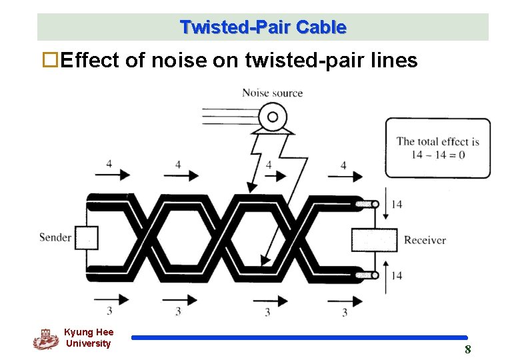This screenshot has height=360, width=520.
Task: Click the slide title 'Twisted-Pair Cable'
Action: (263, 27)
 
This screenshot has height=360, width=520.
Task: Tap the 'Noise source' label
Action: (272, 93)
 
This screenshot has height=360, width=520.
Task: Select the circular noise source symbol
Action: (271, 118)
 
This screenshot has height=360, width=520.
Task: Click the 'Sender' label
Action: (55, 237)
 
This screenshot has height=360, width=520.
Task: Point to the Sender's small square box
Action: (86, 237)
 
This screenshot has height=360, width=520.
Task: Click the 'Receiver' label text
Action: (425, 240)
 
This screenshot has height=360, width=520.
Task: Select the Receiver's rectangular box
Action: (374, 240)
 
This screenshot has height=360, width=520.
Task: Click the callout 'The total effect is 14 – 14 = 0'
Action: (437, 147)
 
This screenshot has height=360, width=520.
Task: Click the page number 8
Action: (467, 349)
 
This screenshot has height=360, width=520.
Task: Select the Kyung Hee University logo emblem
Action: (46, 339)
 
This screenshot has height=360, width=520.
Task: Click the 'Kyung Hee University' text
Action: (89, 337)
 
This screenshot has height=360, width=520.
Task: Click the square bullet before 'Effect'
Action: (49, 61)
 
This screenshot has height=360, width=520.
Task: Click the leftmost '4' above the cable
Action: (109, 164)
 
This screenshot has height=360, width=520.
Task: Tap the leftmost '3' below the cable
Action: (109, 311)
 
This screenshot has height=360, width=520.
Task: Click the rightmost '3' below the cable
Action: (345, 311)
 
